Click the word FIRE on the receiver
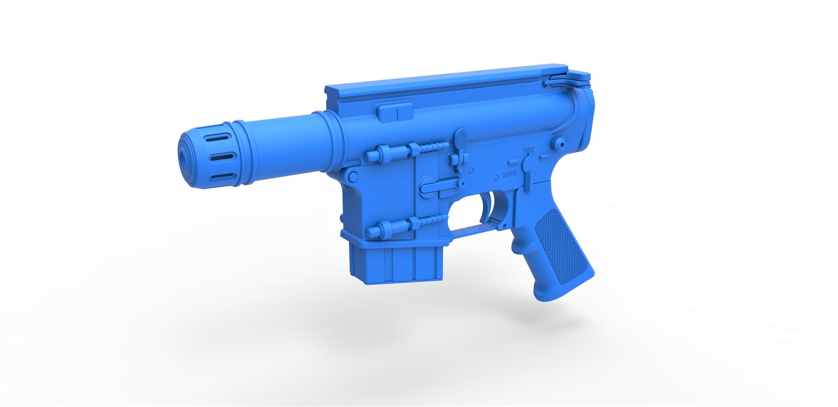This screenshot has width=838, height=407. (x=528, y=151)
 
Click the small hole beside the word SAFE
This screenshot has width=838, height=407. (x=496, y=178)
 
